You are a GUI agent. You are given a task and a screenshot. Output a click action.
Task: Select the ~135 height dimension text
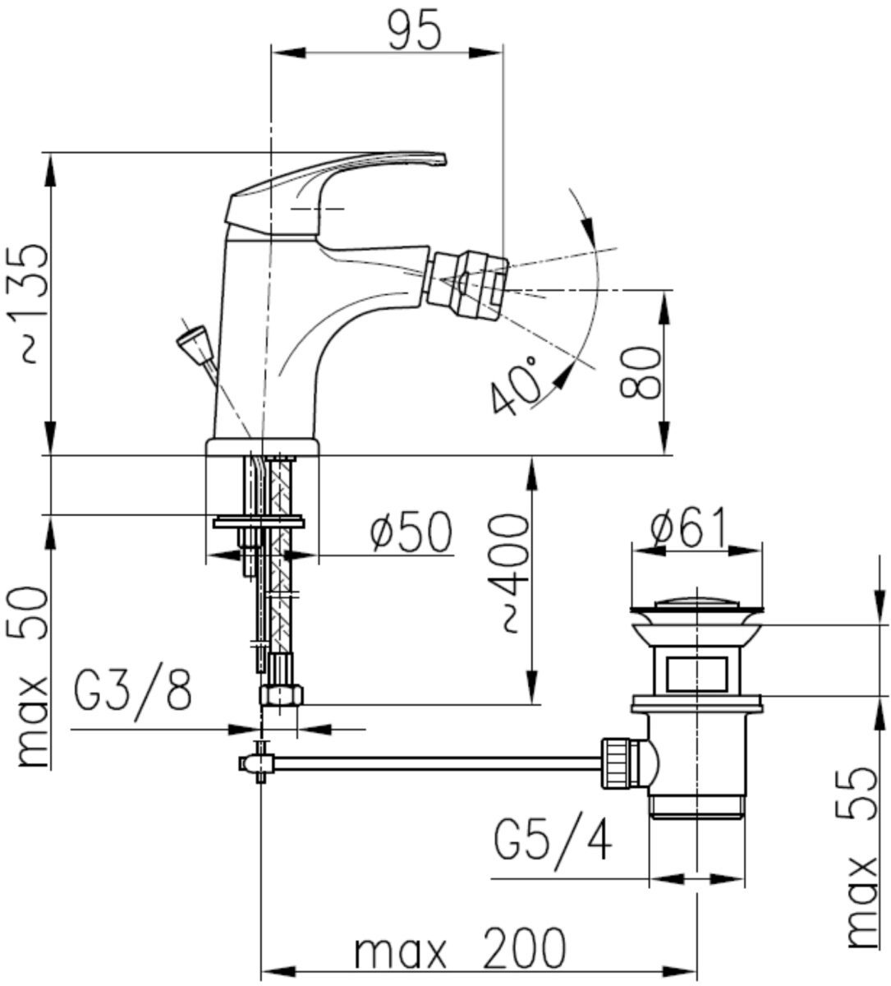tap(34, 303)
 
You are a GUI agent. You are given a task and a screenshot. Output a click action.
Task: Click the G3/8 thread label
tap(133, 691)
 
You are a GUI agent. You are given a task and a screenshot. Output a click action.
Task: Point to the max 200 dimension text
tap(460, 950)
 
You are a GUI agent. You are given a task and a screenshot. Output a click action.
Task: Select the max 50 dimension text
tap(34, 678)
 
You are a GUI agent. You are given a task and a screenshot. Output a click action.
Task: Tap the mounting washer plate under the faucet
tap(258, 521)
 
